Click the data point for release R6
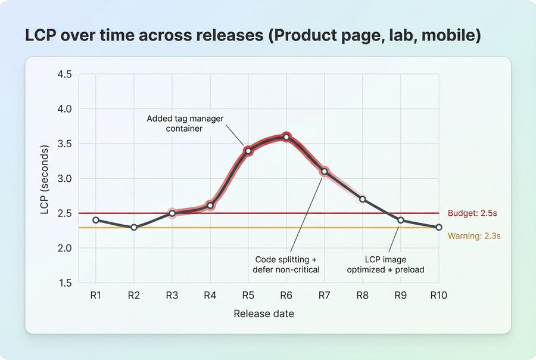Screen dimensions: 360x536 tap(286, 137)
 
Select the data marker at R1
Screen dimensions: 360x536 tap(96, 220)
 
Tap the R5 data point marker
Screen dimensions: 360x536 tap(248, 151)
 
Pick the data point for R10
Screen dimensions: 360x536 tap(439, 227)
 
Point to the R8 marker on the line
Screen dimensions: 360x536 tap(363, 199)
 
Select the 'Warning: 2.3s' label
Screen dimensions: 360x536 tap(474, 235)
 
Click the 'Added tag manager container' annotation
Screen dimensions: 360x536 tap(185, 123)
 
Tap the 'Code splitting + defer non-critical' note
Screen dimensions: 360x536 tap(287, 265)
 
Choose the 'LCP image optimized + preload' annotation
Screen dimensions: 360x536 tap(394, 265)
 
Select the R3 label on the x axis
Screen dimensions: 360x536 tap(172, 295)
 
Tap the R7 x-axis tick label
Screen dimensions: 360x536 tap(325, 295)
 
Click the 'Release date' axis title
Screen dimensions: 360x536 tap(263, 314)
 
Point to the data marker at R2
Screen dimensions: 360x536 tap(134, 227)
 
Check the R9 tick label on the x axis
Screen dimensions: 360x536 tap(401, 295)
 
